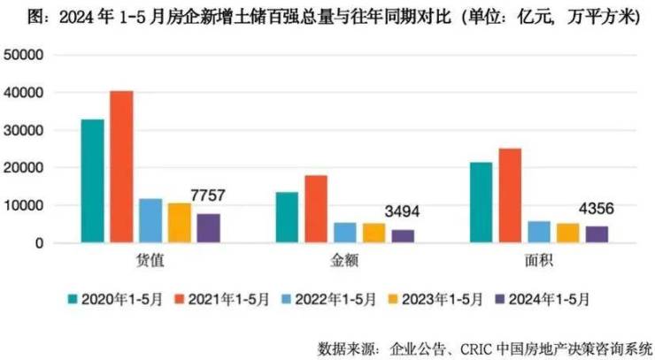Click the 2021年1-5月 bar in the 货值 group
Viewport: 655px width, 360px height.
[121, 166]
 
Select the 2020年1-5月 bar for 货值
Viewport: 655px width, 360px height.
[92, 180]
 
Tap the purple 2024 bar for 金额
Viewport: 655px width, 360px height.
[403, 235]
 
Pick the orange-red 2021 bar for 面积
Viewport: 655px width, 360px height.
[511, 195]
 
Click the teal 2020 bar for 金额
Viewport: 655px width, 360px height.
[287, 217]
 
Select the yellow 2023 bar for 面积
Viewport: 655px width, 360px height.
[568, 233]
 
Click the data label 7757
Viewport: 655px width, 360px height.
[210, 195]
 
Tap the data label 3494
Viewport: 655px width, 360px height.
[404, 211]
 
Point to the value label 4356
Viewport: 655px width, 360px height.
[597, 210]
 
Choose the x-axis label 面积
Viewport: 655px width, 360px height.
[539, 262]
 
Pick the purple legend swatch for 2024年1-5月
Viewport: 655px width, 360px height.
[501, 299]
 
